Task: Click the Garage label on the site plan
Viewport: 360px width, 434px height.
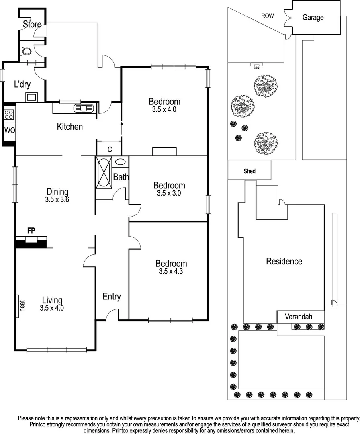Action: click(x=313, y=18)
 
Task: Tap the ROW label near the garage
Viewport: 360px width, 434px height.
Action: click(x=268, y=16)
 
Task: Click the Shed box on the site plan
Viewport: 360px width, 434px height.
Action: click(x=250, y=171)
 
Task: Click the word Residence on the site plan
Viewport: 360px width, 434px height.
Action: click(x=284, y=262)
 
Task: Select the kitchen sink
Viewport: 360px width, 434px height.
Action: click(x=84, y=108)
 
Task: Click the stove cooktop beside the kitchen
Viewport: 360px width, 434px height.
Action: click(x=9, y=114)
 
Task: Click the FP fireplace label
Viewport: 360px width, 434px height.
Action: click(x=31, y=231)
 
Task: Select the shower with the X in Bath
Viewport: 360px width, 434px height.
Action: click(x=103, y=172)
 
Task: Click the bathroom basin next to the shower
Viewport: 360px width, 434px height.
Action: click(x=120, y=162)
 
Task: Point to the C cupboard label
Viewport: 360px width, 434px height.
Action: click(x=109, y=149)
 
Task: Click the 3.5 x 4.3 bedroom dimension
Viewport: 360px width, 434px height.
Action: click(x=171, y=272)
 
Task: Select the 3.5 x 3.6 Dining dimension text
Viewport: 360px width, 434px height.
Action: click(x=57, y=199)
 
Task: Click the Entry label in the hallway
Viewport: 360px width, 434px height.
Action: click(x=112, y=297)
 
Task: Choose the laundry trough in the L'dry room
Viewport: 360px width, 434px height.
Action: click(x=31, y=96)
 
